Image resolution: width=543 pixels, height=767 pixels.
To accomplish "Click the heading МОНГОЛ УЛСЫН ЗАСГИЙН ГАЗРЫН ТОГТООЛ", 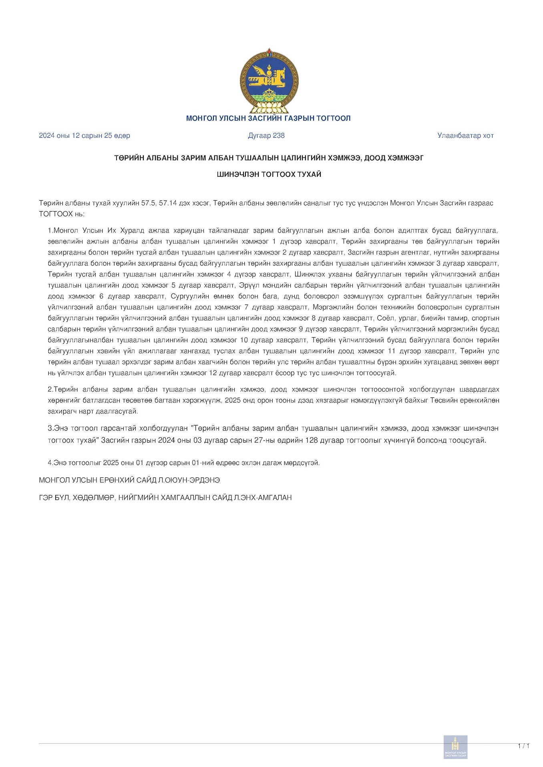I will (x=268, y=118).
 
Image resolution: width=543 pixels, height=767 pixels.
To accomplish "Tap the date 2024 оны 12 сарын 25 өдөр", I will (x=84, y=135).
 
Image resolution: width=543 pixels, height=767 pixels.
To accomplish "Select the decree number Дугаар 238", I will (x=266, y=135).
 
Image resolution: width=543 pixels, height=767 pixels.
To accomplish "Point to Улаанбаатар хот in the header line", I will (x=465, y=135).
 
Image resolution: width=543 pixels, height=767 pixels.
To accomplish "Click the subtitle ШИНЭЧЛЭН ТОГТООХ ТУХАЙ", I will (x=269, y=174).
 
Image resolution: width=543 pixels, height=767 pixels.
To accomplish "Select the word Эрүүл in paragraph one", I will (x=247, y=285).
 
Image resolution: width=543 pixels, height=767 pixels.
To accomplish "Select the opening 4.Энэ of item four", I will (x=57, y=463).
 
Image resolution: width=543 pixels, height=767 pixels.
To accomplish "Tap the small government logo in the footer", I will (x=455, y=747).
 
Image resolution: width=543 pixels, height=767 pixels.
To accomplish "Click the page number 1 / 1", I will (x=524, y=746).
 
